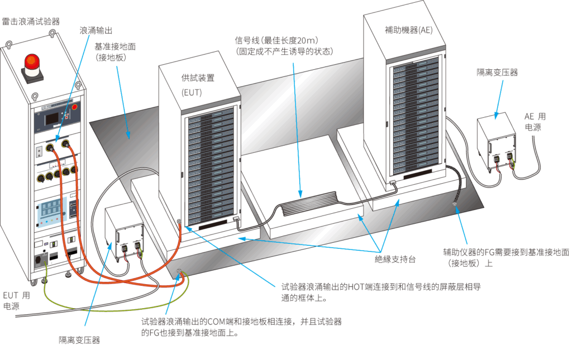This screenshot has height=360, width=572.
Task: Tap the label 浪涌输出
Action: click(x=96, y=31)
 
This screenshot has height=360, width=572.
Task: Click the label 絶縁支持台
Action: click(x=395, y=259)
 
